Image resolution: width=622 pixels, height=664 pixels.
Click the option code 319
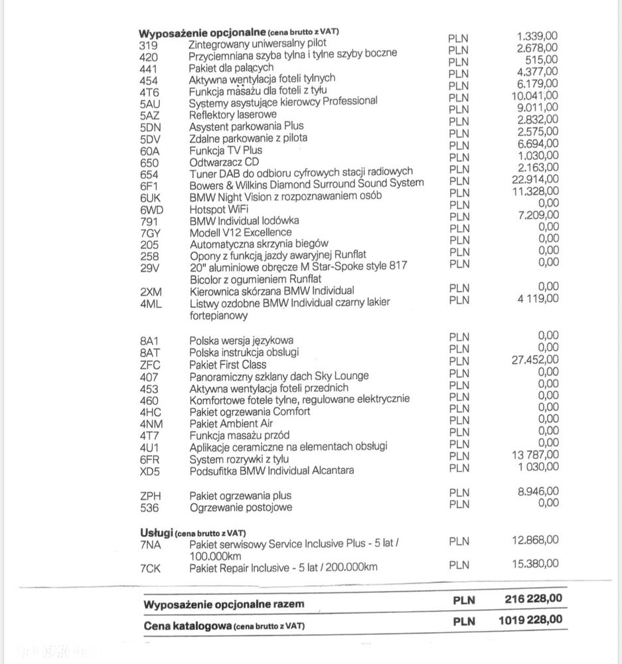click(149, 46)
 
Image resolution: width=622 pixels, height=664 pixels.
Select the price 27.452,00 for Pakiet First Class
click(535, 359)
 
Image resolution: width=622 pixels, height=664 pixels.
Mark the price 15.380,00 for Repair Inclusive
click(535, 563)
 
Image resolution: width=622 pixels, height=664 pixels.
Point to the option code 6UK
click(151, 198)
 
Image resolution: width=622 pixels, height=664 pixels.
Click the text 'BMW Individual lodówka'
click(244, 220)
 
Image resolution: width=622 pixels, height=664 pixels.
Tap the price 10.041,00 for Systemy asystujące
click(536, 96)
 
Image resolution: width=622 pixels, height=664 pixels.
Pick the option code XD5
click(151, 471)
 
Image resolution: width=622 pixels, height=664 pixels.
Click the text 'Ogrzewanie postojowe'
click(240, 508)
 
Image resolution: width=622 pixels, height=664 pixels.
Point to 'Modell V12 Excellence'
click(240, 232)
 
